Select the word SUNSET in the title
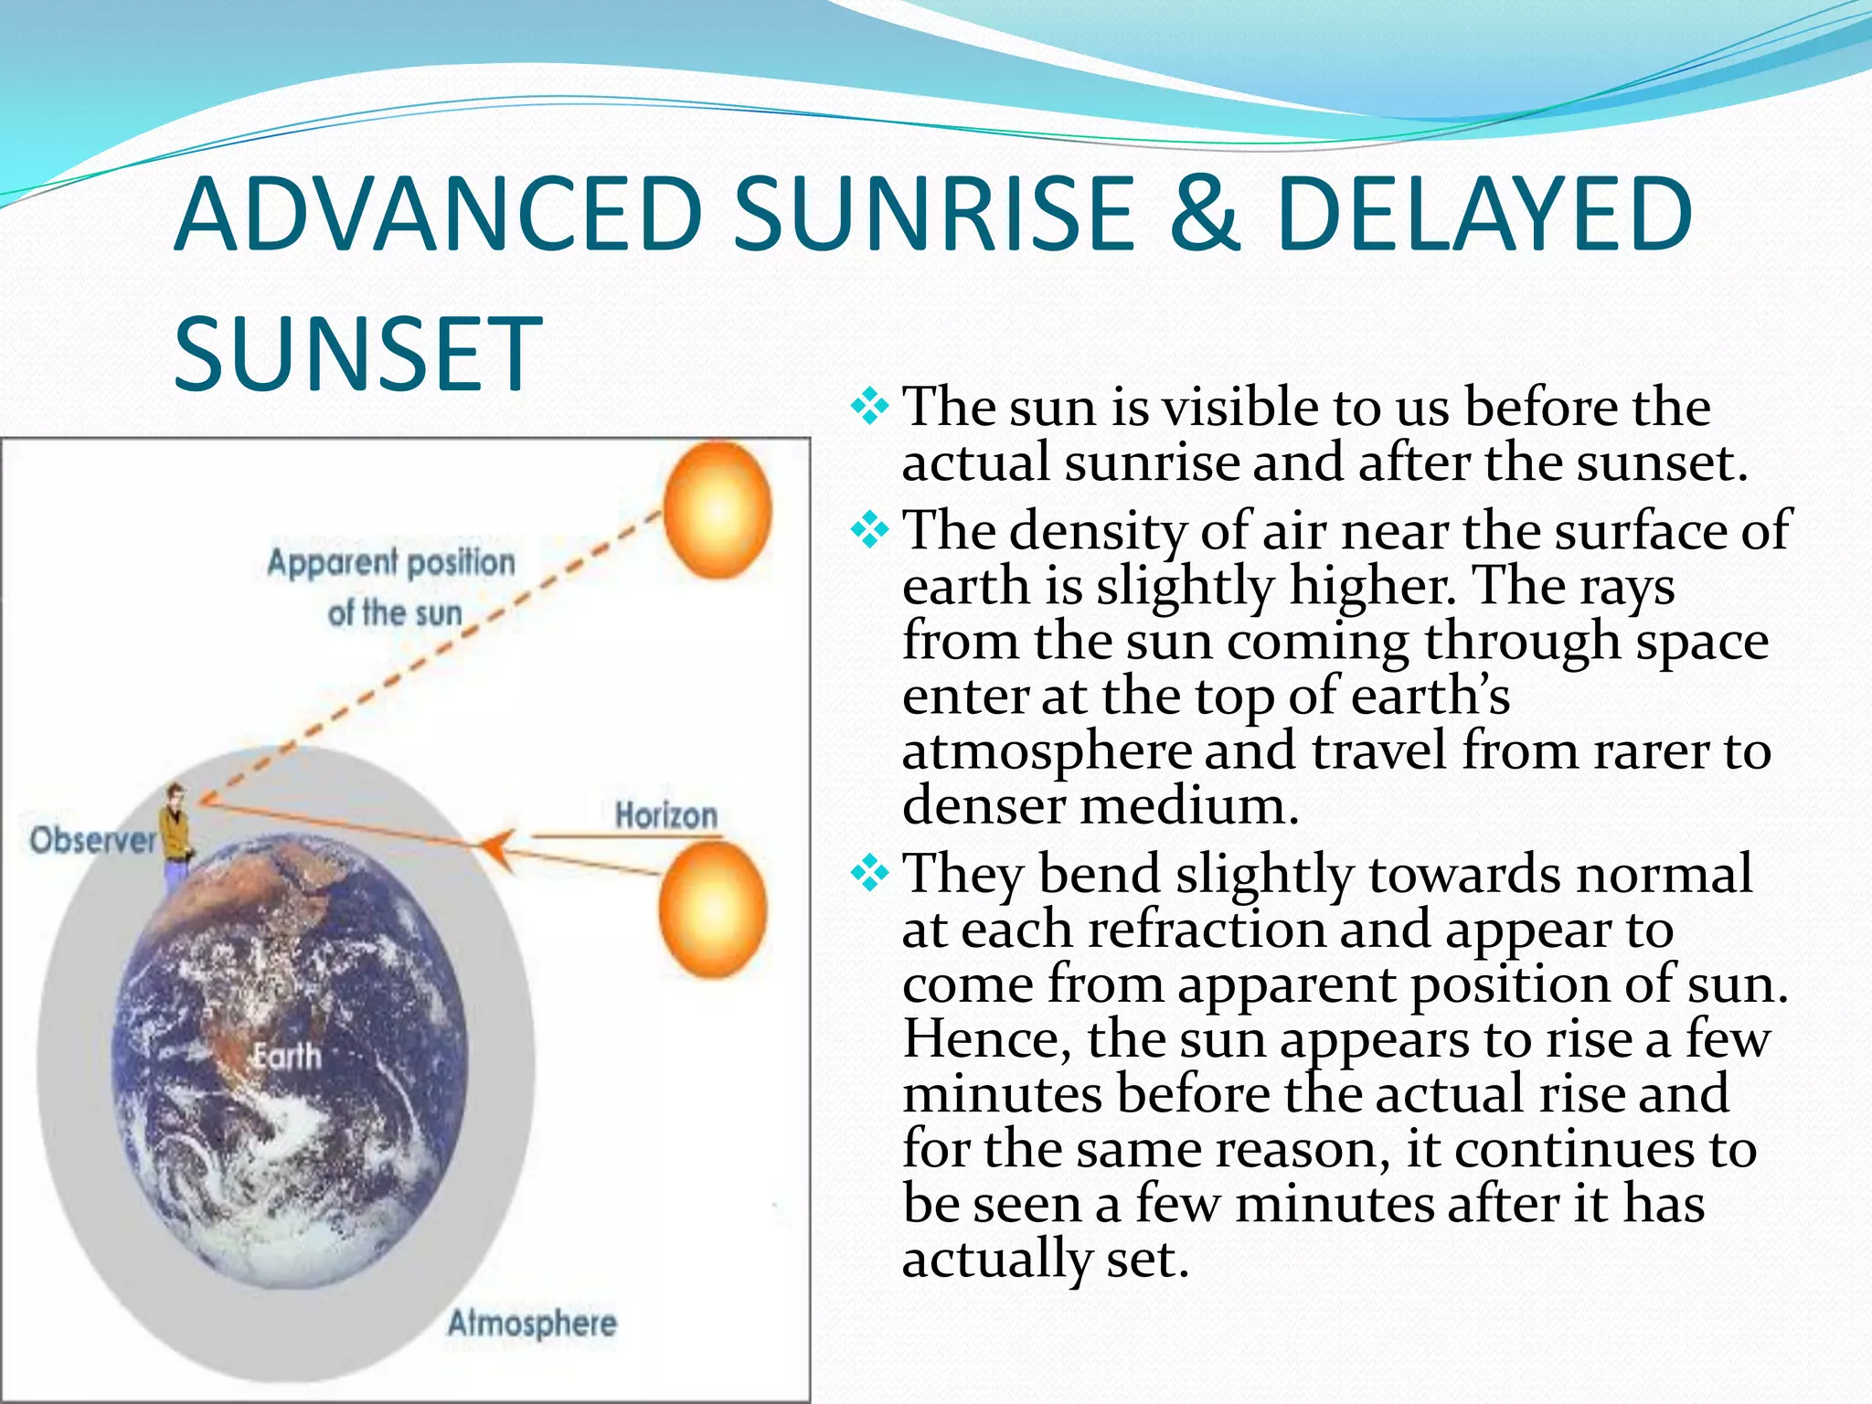[x=358, y=354]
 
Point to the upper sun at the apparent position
[x=717, y=510]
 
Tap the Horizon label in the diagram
[x=665, y=815]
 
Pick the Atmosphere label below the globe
[x=532, y=1323]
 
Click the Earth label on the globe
[x=287, y=1057]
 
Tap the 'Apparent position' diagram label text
[x=391, y=562]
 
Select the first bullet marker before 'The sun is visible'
[x=869, y=406]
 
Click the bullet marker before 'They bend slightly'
[x=869, y=874]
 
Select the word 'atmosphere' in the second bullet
[x=1047, y=751]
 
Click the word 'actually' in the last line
[x=996, y=1259]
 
